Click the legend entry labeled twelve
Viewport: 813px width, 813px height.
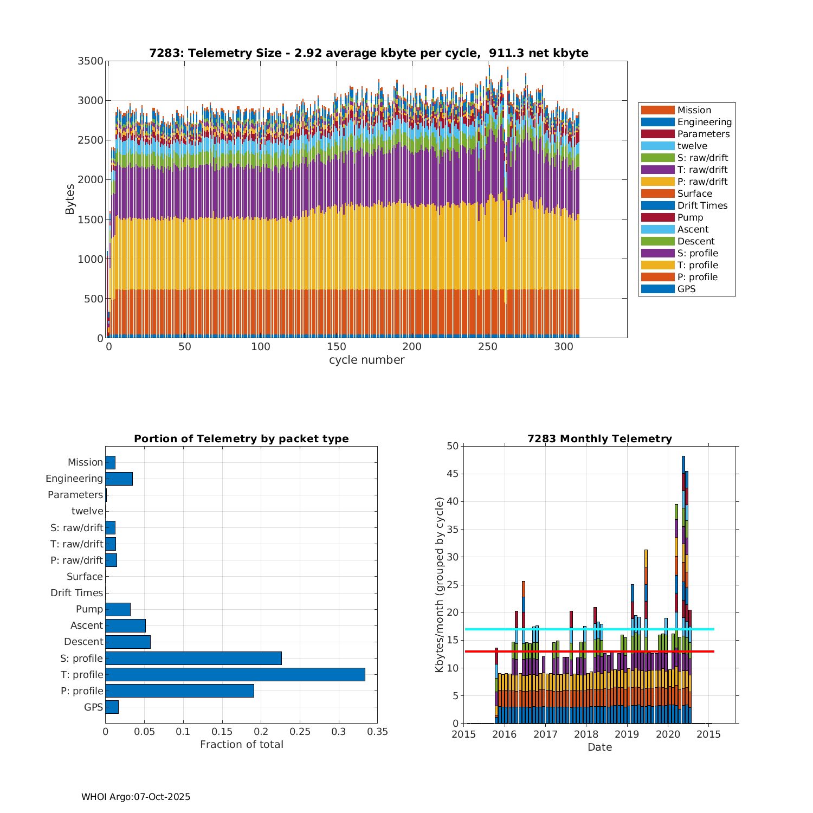tap(692, 146)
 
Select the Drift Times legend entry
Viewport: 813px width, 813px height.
tap(702, 205)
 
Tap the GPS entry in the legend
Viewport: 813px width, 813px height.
tap(686, 289)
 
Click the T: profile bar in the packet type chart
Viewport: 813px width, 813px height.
tap(235, 674)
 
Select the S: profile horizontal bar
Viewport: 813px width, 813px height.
tap(193, 658)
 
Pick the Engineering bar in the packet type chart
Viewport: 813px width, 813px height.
tap(119, 479)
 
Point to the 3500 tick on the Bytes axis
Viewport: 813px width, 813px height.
tap(91, 61)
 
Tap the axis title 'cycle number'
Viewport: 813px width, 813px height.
tap(366, 360)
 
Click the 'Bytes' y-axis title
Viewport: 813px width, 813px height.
tap(70, 199)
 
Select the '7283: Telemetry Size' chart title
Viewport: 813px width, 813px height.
tap(369, 53)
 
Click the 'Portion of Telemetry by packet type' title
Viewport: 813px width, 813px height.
tap(241, 438)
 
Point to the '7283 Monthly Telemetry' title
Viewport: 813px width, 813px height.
tap(599, 438)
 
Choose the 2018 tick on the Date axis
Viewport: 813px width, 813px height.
tap(586, 734)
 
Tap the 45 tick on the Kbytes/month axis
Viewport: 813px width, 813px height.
tap(452, 474)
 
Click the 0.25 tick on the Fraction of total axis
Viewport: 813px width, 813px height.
tap(300, 732)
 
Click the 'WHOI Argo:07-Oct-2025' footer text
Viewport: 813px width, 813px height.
tap(135, 797)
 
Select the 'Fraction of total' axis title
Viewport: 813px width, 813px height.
tap(241, 745)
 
